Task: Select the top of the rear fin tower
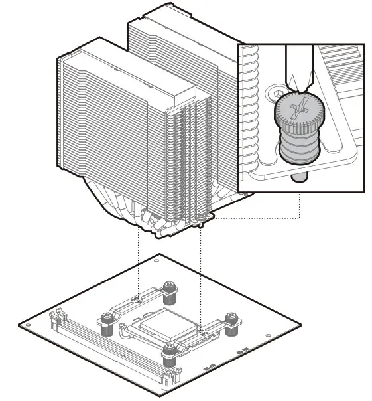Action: tap(179, 20)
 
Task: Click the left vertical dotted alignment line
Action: tap(138, 259)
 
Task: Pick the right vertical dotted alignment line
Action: tap(200, 266)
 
